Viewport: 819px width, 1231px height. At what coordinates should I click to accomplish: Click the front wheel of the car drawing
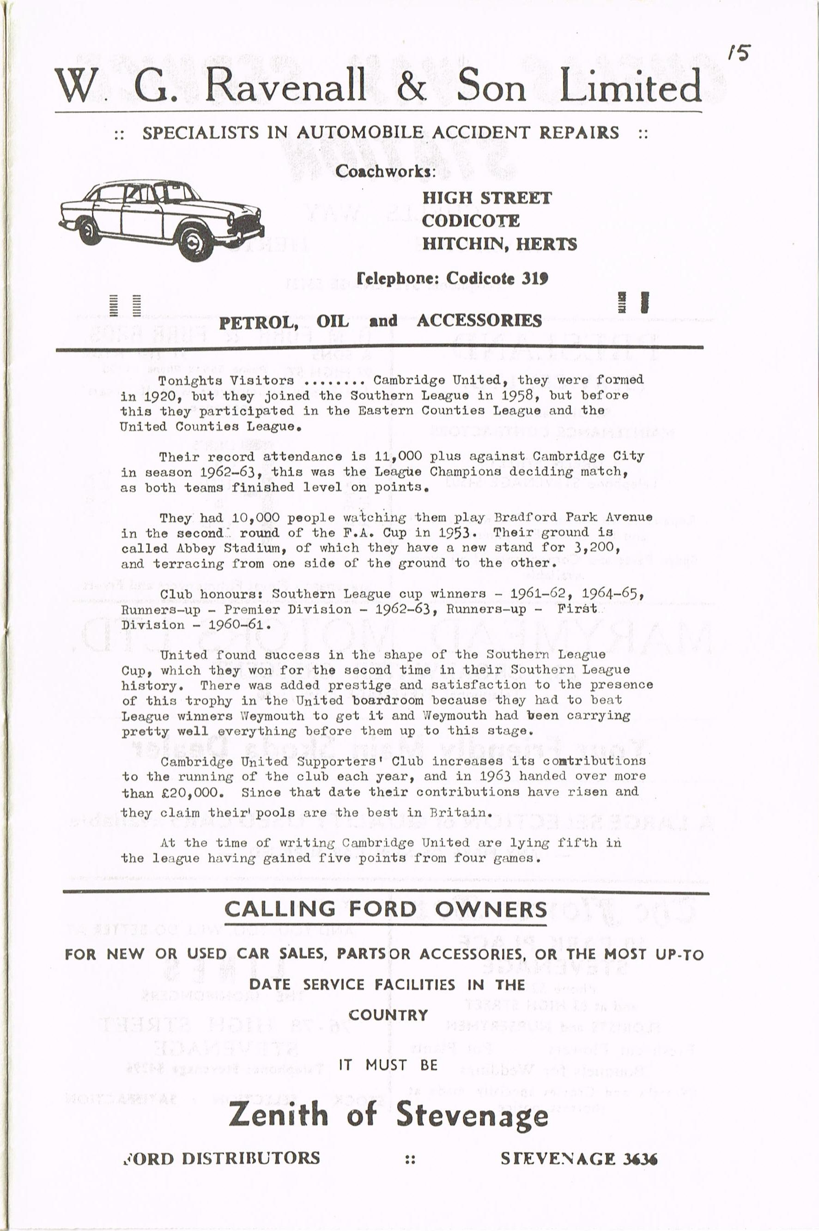point(195,241)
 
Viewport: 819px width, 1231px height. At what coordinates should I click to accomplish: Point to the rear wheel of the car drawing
point(89,229)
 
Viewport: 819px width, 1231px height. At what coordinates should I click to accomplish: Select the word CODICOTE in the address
point(470,221)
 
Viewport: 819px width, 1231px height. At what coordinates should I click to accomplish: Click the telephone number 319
point(534,278)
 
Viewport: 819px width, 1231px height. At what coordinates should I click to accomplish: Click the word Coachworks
point(385,171)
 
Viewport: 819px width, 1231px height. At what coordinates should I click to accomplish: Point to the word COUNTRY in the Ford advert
point(388,1015)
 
